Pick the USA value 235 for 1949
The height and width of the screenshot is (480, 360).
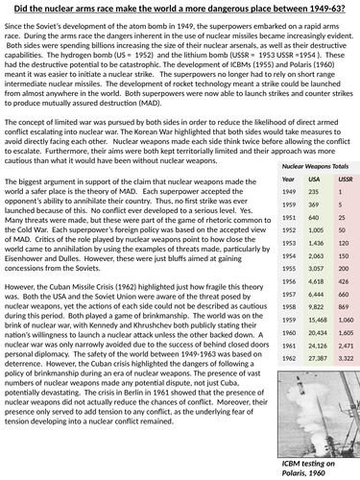(300, 193)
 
